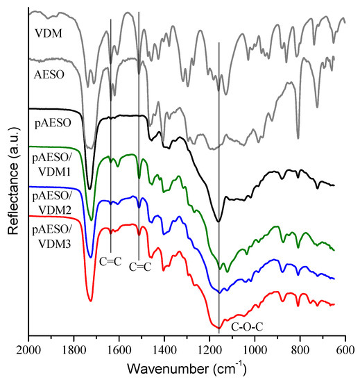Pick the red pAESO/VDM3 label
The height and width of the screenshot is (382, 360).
pos(53,233)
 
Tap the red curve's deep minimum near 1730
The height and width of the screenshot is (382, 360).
pos(90,301)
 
